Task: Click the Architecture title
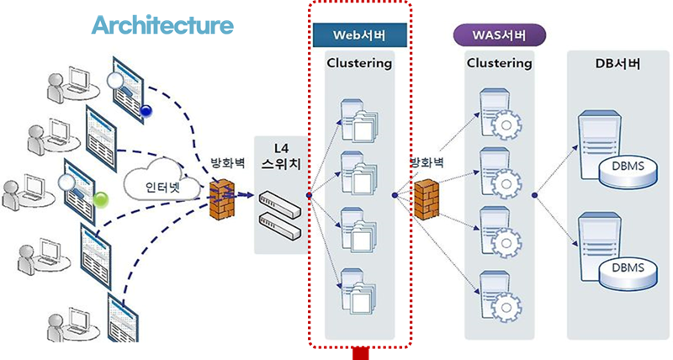tap(162, 25)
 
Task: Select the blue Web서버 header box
tap(360, 34)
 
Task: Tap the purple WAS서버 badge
tap(500, 34)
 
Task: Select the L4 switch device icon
tap(280, 210)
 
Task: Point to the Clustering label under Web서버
tap(359, 63)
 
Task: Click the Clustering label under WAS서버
tap(499, 63)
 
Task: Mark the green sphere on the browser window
tap(102, 199)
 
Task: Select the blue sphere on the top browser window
tap(146, 110)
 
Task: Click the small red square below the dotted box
tap(361, 354)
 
